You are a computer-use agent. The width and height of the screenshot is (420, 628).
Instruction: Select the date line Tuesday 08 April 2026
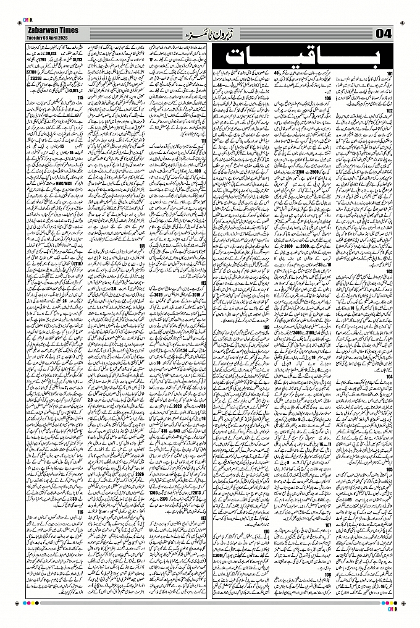click(x=49, y=36)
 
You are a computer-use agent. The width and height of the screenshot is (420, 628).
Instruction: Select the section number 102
click(x=390, y=112)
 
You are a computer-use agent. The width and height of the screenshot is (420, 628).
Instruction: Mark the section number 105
click(x=390, y=469)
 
